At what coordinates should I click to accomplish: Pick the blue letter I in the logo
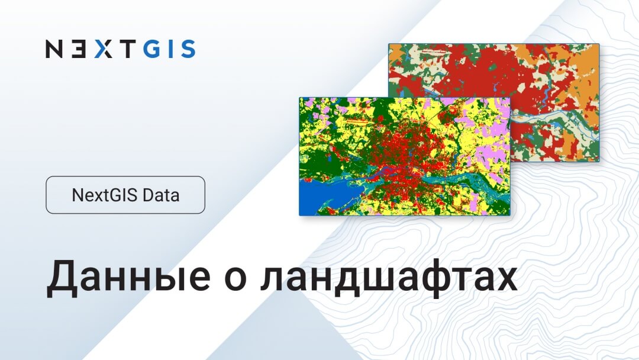pos(172,49)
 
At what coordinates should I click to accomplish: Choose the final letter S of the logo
pos(188,49)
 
